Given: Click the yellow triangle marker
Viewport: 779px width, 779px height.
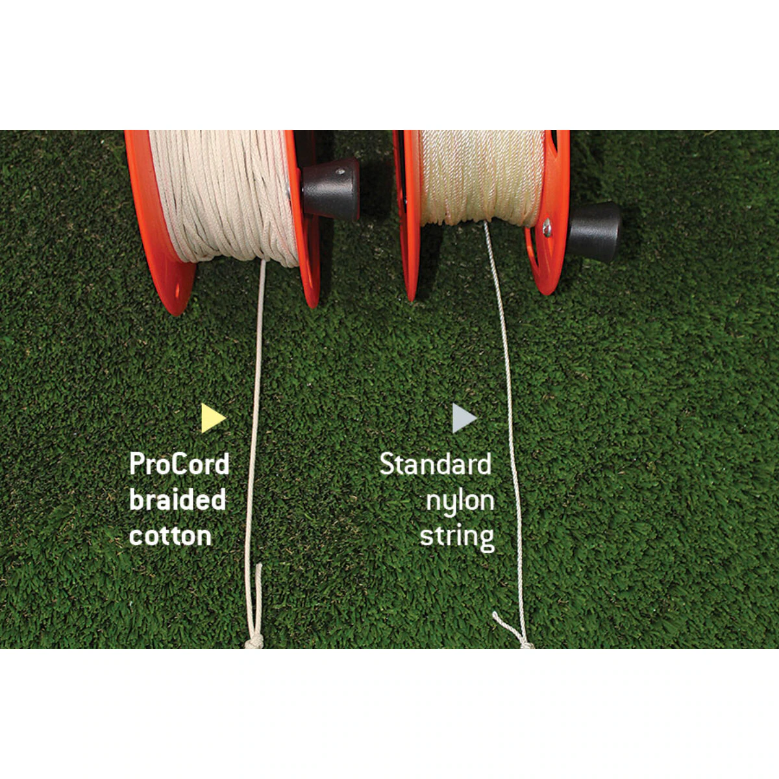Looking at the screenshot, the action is click(x=212, y=418).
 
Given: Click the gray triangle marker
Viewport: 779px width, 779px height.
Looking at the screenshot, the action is click(x=464, y=418).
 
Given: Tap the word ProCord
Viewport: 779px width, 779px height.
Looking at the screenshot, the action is click(x=179, y=464).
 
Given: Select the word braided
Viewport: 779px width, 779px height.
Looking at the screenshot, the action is click(x=177, y=499).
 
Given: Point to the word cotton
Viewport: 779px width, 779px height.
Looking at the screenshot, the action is click(x=170, y=536).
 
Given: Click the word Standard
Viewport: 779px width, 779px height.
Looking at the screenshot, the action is click(x=436, y=464).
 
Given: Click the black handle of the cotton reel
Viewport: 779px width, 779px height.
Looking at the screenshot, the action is click(x=330, y=189).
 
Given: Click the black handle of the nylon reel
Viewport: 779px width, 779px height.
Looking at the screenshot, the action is click(x=594, y=232).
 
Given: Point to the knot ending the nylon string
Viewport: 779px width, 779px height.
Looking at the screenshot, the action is click(x=526, y=645).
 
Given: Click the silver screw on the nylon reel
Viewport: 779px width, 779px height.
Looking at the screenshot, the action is click(x=547, y=227).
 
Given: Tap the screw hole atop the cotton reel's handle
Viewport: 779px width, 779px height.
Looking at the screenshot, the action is click(x=341, y=171).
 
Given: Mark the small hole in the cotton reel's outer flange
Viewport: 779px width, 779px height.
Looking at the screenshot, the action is click(x=178, y=291).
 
